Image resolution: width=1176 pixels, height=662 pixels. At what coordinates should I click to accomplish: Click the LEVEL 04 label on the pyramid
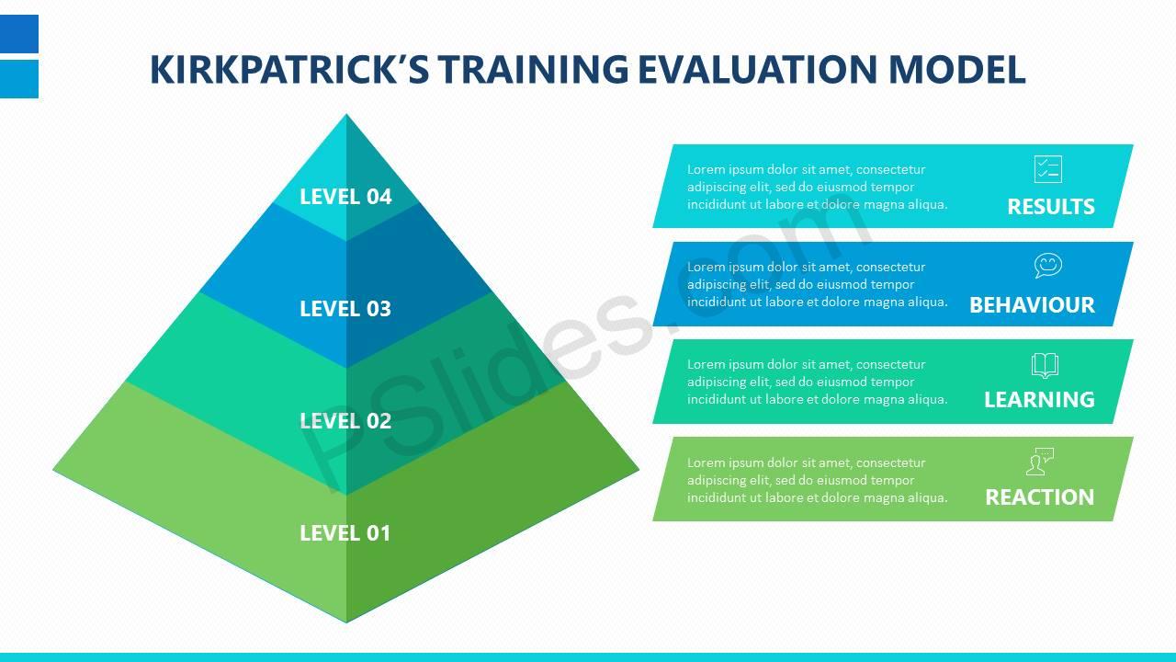(x=345, y=197)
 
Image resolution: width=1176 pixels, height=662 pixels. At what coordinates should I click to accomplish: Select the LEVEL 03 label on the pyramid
(x=345, y=308)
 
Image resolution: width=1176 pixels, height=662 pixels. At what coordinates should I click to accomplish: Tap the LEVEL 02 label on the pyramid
(x=345, y=421)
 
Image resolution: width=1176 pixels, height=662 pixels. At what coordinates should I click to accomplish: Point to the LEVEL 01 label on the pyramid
(x=345, y=533)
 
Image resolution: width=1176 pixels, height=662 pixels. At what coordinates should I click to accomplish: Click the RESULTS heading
(x=1050, y=207)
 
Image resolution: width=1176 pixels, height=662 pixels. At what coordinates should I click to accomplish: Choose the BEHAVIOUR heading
(x=1032, y=304)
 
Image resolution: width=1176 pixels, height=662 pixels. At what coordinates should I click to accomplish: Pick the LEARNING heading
(x=1039, y=399)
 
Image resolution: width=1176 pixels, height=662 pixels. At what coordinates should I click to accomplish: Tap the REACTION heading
(x=1039, y=497)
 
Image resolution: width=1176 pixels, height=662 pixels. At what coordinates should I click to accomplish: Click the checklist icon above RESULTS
(x=1048, y=169)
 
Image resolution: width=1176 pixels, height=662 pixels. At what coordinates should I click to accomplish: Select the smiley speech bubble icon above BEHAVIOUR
(x=1048, y=266)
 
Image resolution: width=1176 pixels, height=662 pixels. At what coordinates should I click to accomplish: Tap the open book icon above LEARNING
(x=1045, y=365)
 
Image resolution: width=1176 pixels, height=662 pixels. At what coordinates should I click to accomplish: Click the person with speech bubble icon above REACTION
(x=1040, y=462)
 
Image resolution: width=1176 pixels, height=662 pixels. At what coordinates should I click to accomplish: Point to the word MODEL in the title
(x=956, y=69)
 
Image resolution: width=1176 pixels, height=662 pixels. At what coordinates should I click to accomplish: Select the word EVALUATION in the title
(x=757, y=69)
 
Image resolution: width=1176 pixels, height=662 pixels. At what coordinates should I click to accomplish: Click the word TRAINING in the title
(x=534, y=69)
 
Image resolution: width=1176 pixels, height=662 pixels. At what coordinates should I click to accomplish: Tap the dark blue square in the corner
(x=19, y=34)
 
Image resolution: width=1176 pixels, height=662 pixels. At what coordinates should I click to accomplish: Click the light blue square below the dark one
(x=19, y=79)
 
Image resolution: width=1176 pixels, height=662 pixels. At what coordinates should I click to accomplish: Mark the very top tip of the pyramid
(x=346, y=114)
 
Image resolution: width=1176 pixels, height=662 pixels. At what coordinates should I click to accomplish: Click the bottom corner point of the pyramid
(x=346, y=622)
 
